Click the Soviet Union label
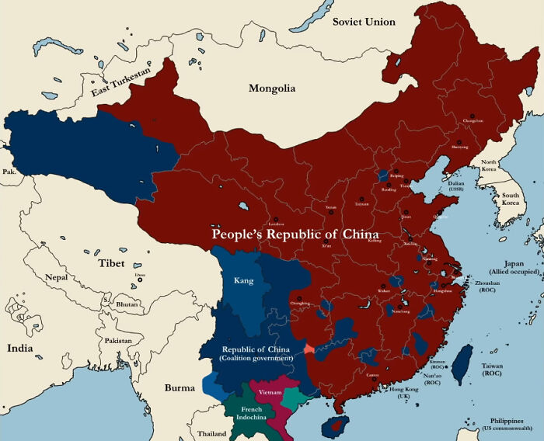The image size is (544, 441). [364, 21]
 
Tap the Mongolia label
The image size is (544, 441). [272, 89]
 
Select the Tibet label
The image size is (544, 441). [111, 263]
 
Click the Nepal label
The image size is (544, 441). [57, 277]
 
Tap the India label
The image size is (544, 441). [20, 348]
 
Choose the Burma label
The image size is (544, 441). [180, 387]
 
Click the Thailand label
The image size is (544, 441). [211, 433]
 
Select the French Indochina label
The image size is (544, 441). [251, 413]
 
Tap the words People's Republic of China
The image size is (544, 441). [296, 234]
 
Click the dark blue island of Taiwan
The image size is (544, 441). [462, 363]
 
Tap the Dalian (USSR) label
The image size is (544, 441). [458, 186]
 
